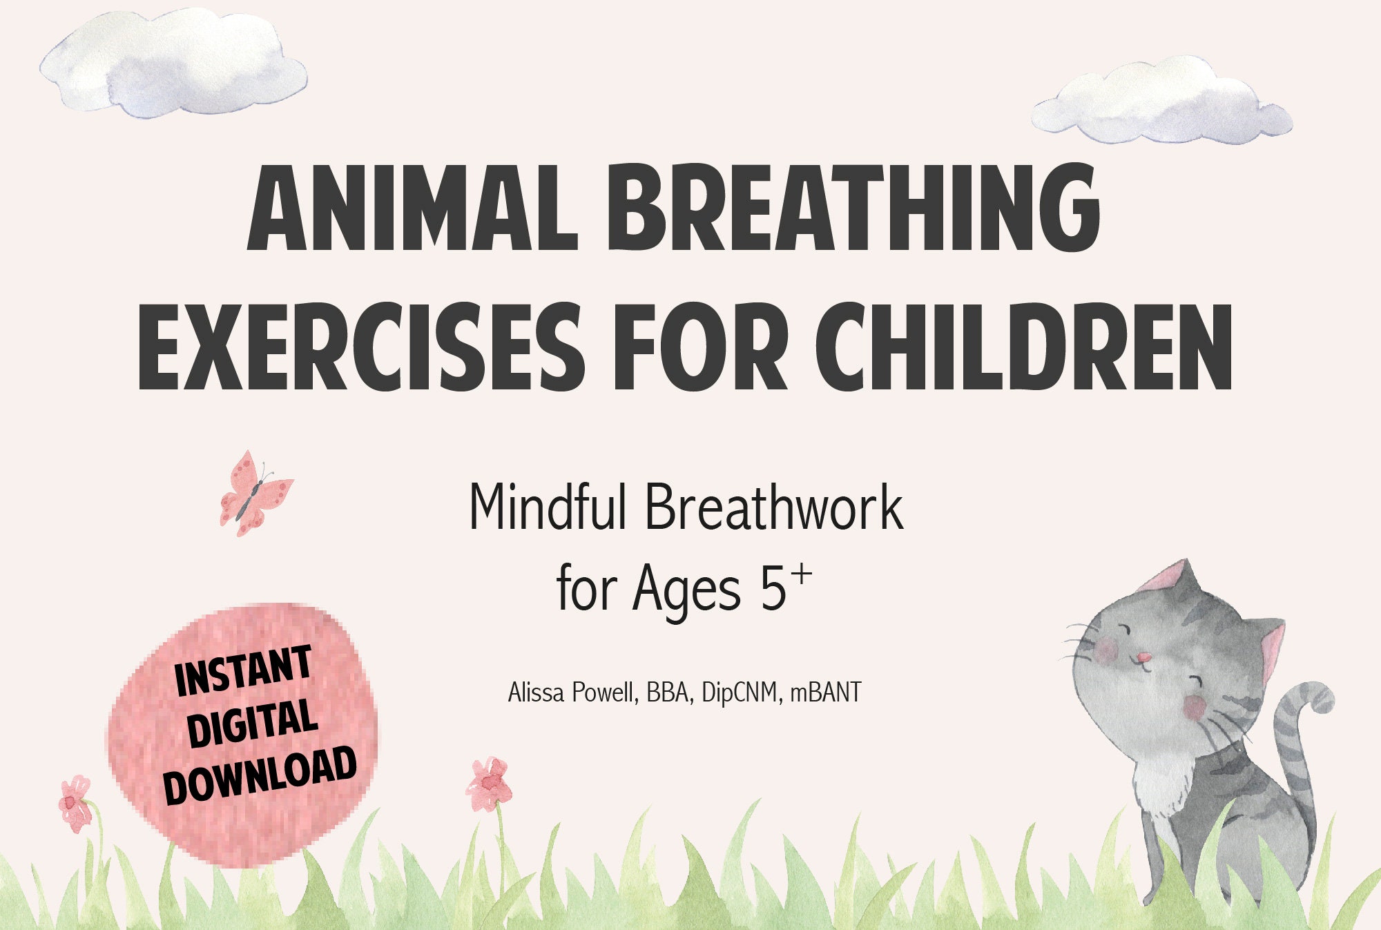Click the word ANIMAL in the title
coord(412,208)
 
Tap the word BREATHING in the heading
coord(853,208)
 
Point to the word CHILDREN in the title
coord(1024,347)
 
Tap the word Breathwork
coord(774,507)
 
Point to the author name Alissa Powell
coord(570,692)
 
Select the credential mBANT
coord(826,692)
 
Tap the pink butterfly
coord(254,493)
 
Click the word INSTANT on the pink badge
coord(243,671)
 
